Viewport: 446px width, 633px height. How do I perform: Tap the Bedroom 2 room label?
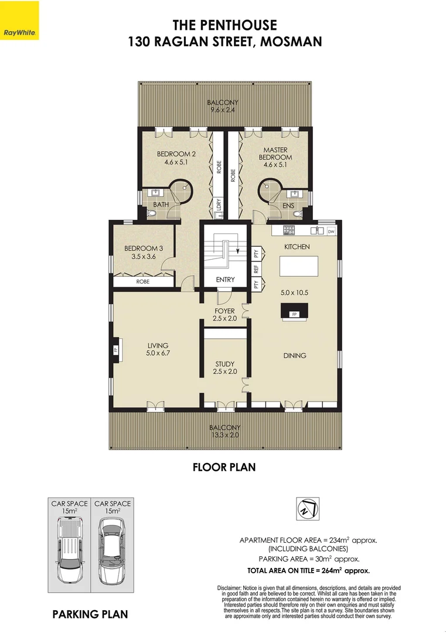coord(176,155)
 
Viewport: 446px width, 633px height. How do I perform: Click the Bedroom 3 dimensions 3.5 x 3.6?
coord(143,257)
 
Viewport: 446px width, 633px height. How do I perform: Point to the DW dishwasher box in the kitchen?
coord(331,232)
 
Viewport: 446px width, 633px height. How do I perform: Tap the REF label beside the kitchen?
coord(256,269)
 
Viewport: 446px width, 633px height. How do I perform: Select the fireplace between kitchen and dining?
coord(294,311)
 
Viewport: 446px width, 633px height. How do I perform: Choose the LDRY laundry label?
coord(219,206)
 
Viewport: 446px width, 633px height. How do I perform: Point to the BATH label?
coord(161,205)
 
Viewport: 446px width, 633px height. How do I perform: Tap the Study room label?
coord(224,363)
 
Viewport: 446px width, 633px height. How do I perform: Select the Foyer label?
coord(224,311)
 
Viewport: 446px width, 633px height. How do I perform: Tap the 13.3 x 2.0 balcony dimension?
coord(224,435)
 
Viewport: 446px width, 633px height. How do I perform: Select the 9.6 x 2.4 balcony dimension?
coord(224,110)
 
